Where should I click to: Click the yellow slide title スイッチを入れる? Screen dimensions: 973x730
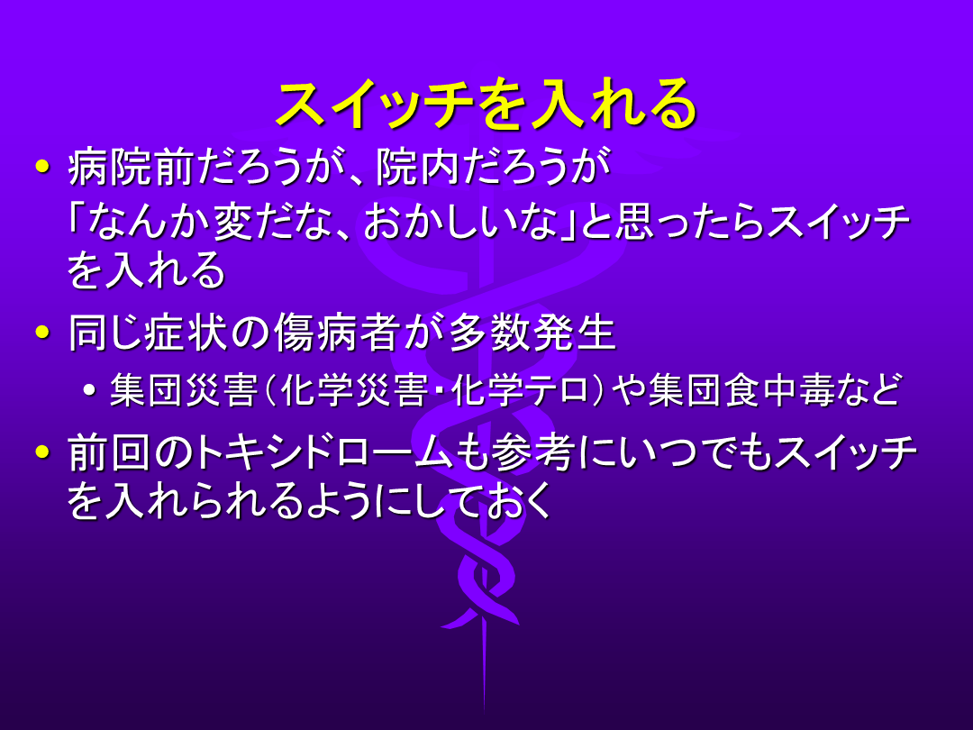pos(486,105)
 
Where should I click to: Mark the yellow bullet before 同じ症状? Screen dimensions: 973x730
pos(42,332)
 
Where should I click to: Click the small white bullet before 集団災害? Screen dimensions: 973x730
pos(91,390)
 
